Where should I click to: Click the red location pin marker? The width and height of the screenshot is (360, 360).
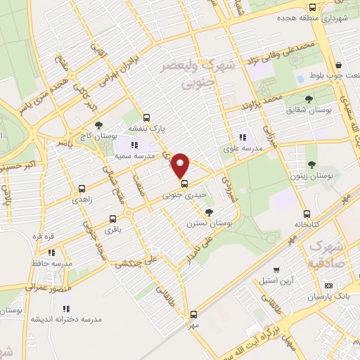181,165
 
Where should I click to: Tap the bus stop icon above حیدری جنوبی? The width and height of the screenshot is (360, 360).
184,185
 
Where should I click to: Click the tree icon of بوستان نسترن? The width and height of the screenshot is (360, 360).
209,212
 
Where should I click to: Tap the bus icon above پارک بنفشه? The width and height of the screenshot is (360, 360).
146,118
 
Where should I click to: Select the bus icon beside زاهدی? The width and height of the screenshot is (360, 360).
82,188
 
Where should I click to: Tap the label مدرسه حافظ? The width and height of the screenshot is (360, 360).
49,263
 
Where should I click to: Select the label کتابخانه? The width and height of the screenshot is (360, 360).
306,224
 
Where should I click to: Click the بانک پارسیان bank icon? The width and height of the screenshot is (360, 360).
328,286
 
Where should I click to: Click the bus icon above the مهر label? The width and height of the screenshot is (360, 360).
193,314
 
